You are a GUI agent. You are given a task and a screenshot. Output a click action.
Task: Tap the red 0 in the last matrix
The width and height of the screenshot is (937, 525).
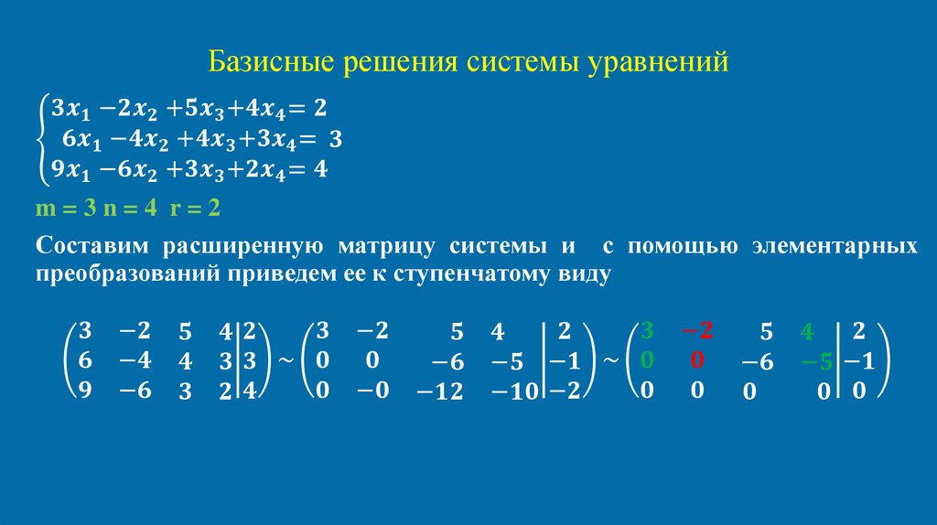pos(697,360)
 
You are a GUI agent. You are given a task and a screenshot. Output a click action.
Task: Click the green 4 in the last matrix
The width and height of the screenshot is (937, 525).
pos(806,333)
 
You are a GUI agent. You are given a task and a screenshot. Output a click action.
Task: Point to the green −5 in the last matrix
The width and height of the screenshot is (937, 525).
pos(814,363)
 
